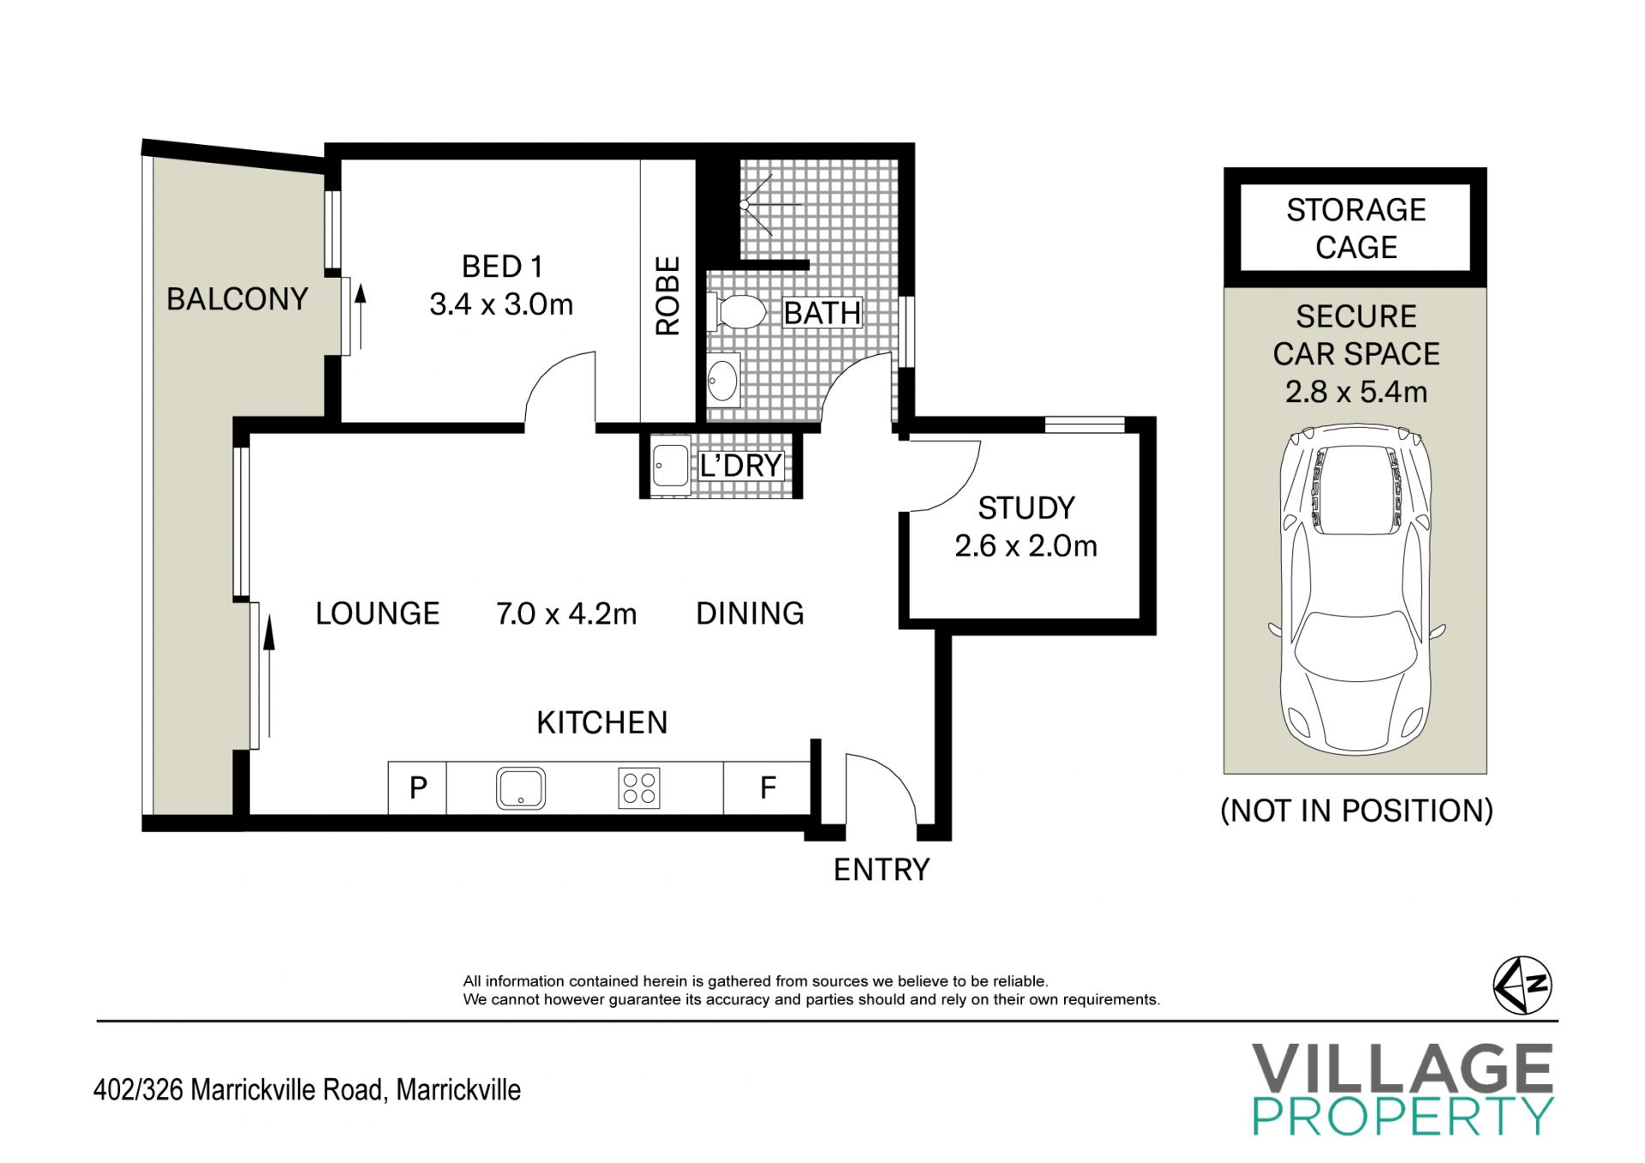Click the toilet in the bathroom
point(737,312)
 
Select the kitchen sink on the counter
point(521,788)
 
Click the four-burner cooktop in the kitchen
point(639,788)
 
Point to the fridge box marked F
point(768,788)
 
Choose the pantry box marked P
point(417,788)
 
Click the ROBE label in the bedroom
point(667,296)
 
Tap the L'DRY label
point(741,465)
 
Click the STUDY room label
point(1026,508)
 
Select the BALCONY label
point(237,299)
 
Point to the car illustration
point(1356,590)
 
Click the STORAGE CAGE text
point(1356,228)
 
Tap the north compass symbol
point(1522,985)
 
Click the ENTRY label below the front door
point(882,870)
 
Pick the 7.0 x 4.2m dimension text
point(566,614)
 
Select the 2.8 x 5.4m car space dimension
point(1356,392)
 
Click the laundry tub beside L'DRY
point(671,466)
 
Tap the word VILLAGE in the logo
point(1403,1068)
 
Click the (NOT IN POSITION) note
point(1356,810)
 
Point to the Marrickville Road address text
point(307,1090)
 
